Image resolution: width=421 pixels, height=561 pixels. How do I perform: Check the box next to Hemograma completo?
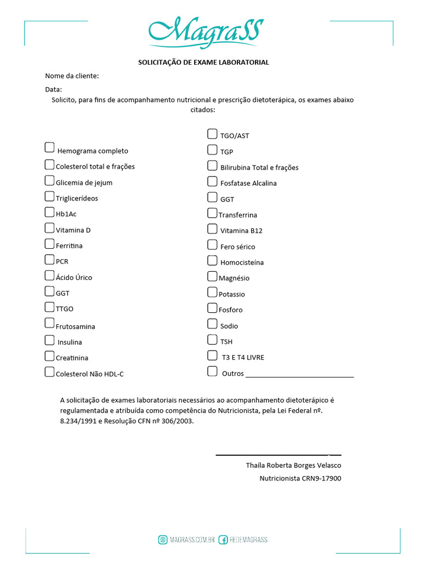49,147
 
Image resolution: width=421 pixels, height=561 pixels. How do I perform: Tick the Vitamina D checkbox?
49,228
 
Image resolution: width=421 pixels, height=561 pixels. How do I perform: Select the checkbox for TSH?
212,340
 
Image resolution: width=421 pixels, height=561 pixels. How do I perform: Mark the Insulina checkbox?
49,340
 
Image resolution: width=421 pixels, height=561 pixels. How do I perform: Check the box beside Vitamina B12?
212,228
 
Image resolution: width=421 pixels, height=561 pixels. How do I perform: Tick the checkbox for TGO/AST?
212,134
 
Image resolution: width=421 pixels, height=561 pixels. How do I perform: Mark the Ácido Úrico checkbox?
49,276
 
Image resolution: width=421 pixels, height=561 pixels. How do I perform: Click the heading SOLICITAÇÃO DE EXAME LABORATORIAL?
203,62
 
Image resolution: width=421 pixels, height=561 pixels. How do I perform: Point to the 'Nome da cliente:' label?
72,76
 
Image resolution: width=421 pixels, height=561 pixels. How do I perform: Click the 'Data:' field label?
53,89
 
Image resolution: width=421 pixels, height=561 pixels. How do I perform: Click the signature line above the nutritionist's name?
278,455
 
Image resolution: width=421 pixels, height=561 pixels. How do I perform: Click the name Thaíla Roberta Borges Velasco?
293,466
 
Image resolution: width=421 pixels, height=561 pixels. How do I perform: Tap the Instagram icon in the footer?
163,540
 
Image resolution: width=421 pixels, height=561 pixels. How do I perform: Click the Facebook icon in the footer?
223,540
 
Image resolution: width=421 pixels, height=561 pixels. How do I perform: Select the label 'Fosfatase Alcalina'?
248,184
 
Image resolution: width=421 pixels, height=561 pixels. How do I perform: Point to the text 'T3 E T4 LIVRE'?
243,357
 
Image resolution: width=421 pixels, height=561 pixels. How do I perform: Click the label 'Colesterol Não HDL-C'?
90,374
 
